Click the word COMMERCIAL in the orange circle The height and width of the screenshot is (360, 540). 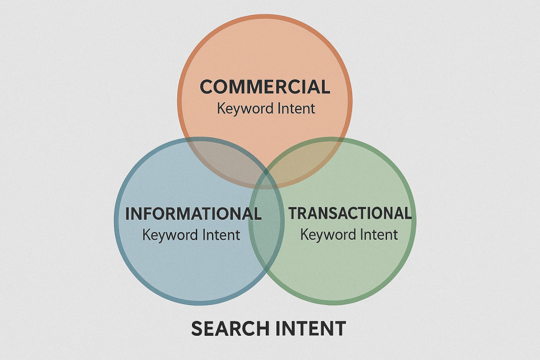(x=265, y=86)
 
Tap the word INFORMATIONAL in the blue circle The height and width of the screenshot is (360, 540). (x=193, y=214)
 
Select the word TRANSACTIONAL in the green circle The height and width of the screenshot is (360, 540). (x=350, y=213)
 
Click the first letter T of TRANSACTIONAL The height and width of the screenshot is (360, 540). (x=293, y=213)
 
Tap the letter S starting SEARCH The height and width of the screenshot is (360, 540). (x=198, y=328)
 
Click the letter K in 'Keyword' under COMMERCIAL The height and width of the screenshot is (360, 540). (x=220, y=109)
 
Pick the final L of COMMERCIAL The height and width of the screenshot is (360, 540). (x=325, y=86)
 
